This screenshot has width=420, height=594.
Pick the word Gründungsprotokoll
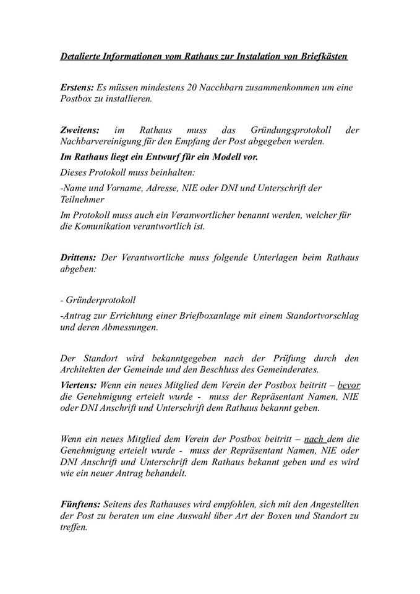point(291,131)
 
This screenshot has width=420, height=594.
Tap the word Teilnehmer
point(82,199)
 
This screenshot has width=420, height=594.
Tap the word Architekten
point(85,370)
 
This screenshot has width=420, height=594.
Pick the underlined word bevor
point(349,384)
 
